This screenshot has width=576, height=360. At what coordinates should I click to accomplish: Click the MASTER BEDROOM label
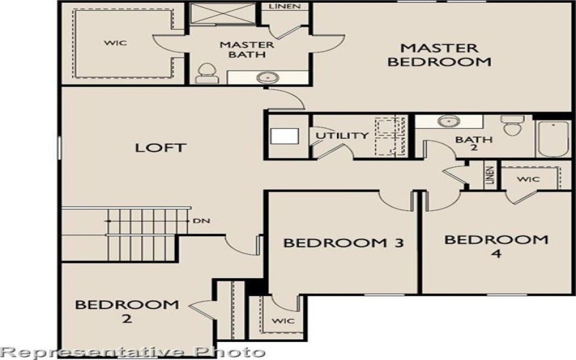439,55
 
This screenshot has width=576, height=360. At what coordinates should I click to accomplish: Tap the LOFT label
161,148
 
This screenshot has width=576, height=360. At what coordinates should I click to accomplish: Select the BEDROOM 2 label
127,310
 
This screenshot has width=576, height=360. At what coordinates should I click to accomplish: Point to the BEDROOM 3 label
333,243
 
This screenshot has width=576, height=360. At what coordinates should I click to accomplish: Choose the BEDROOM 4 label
496,246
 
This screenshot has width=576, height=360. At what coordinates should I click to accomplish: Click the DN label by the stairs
201,220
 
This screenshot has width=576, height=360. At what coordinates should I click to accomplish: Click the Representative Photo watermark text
132,351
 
